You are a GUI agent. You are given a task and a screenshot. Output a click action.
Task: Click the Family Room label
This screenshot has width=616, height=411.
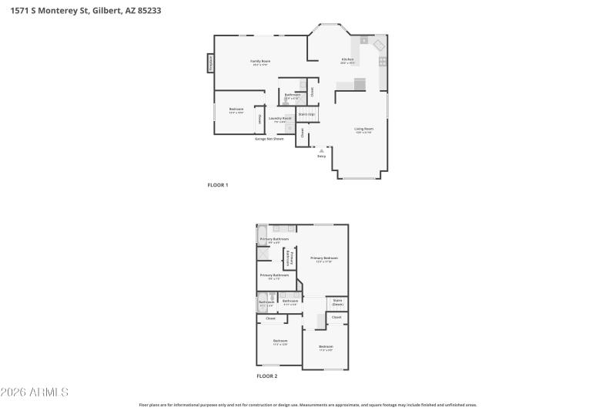(x=260, y=61)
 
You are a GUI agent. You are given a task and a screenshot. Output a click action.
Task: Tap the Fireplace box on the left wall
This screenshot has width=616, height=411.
(x=210, y=63)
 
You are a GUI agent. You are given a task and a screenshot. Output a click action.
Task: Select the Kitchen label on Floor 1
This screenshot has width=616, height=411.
(x=347, y=60)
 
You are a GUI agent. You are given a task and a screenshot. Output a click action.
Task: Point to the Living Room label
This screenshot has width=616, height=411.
(x=363, y=129)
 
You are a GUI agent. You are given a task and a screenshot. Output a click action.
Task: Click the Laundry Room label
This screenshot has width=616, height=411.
(x=280, y=118)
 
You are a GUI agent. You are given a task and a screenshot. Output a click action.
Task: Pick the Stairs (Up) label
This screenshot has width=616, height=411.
(x=306, y=114)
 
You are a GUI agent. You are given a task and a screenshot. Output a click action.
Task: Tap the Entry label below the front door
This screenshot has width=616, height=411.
(x=321, y=156)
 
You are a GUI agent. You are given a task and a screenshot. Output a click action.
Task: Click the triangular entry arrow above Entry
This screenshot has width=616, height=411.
(x=321, y=150)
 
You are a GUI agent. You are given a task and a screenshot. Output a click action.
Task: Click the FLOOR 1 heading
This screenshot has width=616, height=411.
(x=218, y=185)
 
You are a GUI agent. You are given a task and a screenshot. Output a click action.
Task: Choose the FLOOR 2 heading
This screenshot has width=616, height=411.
(x=266, y=376)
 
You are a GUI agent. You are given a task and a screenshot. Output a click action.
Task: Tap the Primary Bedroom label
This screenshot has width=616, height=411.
(x=324, y=258)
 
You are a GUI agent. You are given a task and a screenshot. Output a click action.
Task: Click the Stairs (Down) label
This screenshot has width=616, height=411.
(x=337, y=302)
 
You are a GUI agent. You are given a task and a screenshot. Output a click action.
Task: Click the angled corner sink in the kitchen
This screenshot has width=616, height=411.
(x=379, y=45)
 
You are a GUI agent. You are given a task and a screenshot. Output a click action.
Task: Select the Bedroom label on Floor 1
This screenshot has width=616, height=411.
(x=236, y=109)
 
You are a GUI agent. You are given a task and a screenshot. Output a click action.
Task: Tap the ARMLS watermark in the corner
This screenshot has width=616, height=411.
(x=35, y=392)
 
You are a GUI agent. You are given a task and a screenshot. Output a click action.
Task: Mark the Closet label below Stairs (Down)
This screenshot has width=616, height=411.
(x=336, y=317)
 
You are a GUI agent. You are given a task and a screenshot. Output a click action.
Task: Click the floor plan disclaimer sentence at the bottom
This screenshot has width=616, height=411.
(x=307, y=404)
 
